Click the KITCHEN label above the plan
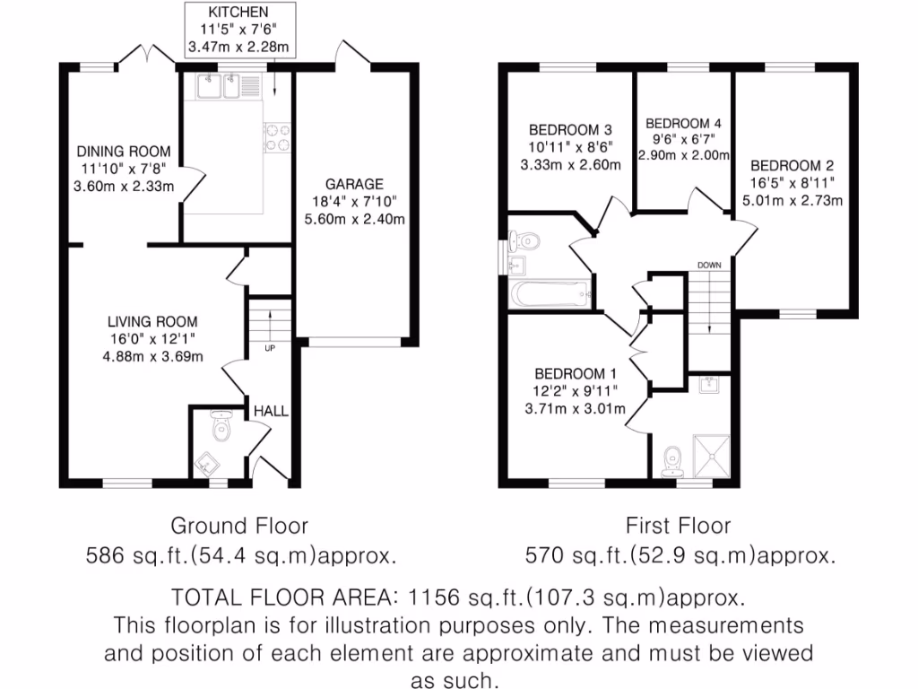(x=238, y=13)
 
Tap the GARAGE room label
(x=354, y=184)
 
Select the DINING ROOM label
(x=123, y=152)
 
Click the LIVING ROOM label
(x=152, y=321)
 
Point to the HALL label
(x=271, y=411)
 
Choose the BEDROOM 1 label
(x=576, y=374)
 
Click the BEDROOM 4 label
(x=683, y=123)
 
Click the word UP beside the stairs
(x=269, y=347)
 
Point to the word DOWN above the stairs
(x=709, y=265)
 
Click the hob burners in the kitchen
(x=275, y=135)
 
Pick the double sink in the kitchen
(x=215, y=87)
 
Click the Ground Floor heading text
(x=239, y=526)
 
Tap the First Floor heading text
(x=678, y=526)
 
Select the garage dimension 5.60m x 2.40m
(x=354, y=218)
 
